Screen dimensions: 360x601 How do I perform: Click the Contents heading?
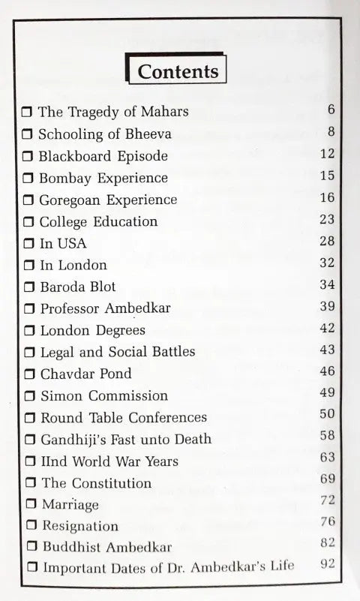[178, 71]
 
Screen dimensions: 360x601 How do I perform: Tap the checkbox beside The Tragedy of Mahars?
[27, 113]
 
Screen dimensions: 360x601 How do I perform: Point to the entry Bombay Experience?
[103, 179]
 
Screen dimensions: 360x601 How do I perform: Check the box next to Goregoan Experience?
[28, 200]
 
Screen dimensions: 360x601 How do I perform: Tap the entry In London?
[73, 265]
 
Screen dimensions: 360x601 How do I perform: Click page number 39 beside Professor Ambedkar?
[326, 307]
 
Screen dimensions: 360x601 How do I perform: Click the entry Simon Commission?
[103, 395]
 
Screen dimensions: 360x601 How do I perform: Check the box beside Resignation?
[31, 527]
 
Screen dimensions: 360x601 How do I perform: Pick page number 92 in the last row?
[327, 564]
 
